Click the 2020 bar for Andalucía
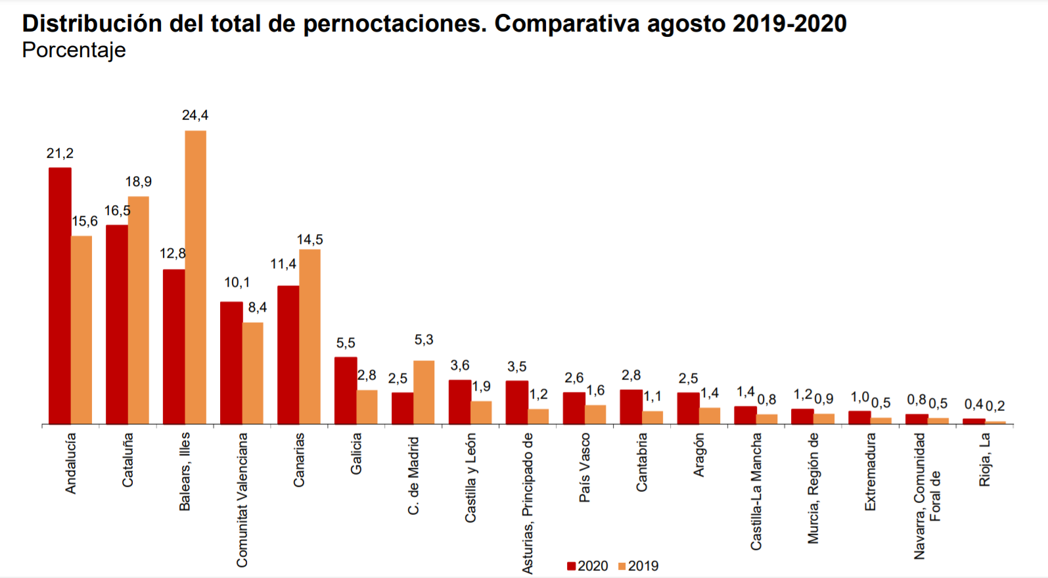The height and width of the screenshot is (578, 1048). pos(60,296)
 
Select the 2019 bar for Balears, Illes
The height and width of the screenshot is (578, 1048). pos(195,277)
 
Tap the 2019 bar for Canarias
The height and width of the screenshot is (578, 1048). pos(309,336)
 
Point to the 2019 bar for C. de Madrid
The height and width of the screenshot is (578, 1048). pos(424,392)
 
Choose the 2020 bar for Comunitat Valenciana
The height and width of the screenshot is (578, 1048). pos(231,362)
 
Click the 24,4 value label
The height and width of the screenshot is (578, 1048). pos(195,116)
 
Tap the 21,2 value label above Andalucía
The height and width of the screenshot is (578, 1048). pos(60,154)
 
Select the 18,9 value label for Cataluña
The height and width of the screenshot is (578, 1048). pos(139,182)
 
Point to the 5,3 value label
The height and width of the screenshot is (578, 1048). pos(424,340)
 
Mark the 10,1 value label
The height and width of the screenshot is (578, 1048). pos(237,283)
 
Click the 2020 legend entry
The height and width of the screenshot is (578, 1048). pos(588,566)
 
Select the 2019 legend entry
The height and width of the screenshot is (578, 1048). pos(639,566)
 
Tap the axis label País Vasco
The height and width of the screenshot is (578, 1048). pos(584,468)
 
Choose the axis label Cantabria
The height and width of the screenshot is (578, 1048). pos(641,462)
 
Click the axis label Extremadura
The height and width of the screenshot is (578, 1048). pos(870,471)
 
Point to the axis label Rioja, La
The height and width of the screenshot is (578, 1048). pos(984,460)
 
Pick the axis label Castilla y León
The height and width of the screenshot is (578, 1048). pos(470,478)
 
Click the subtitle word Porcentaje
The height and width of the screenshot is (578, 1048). pos(74,50)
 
